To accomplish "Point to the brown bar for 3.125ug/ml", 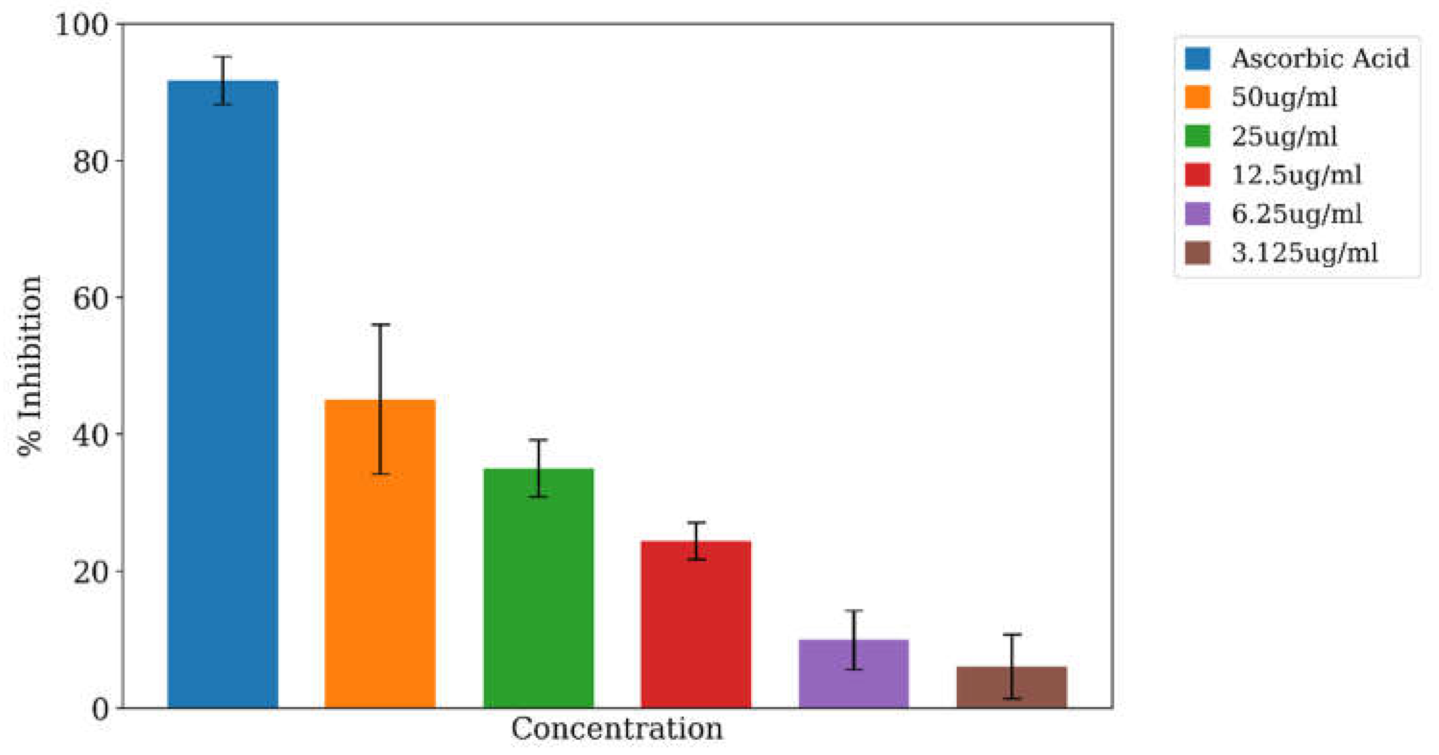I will click(x=1012, y=687).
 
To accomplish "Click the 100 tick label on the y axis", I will click(x=82, y=25).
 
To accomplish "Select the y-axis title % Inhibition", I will click(x=29, y=366).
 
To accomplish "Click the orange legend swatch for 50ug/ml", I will click(x=1197, y=97).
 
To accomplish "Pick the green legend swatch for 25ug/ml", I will click(x=1197, y=136).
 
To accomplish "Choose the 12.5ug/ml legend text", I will click(x=1296, y=175).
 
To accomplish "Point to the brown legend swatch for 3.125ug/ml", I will click(x=1197, y=253).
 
